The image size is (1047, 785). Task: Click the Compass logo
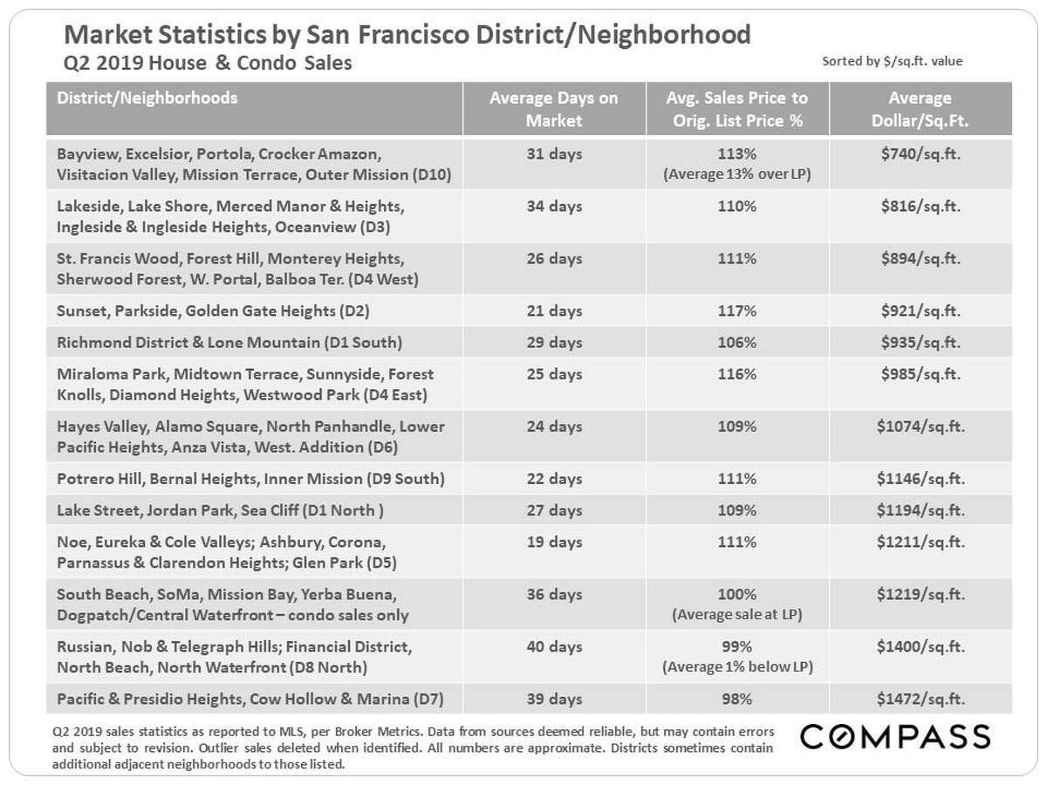tap(895, 736)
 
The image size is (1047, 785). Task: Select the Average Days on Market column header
tap(553, 109)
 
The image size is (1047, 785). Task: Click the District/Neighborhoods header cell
tap(147, 98)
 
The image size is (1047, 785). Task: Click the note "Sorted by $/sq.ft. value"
tap(893, 62)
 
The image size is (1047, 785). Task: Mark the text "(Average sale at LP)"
tap(737, 614)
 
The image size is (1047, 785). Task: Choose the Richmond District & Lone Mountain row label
tap(229, 342)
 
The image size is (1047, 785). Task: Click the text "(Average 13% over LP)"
tap(737, 174)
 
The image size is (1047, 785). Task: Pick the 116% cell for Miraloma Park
tap(737, 374)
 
